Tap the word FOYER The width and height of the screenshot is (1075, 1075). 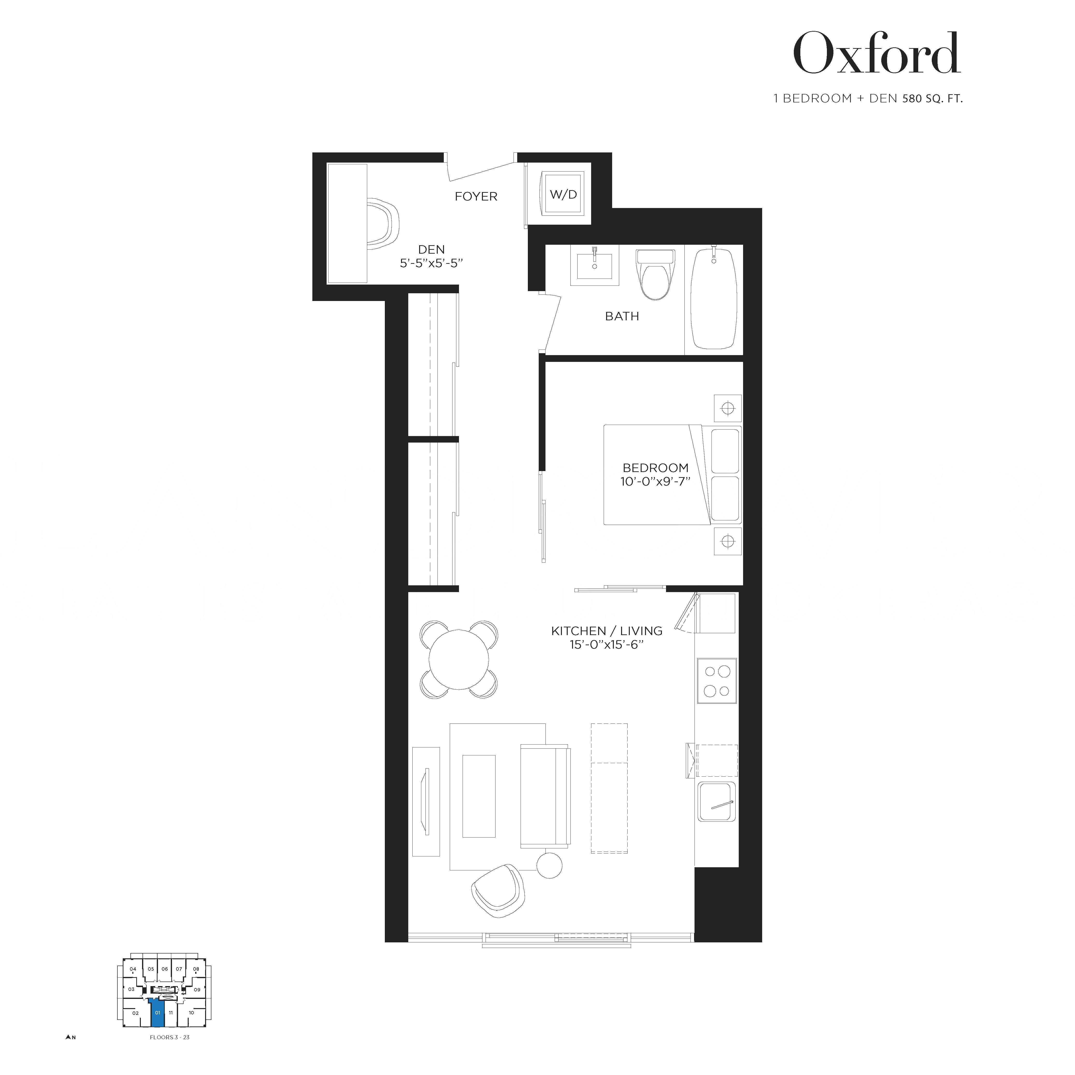[476, 196]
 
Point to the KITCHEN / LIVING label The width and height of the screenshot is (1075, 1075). [607, 631]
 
